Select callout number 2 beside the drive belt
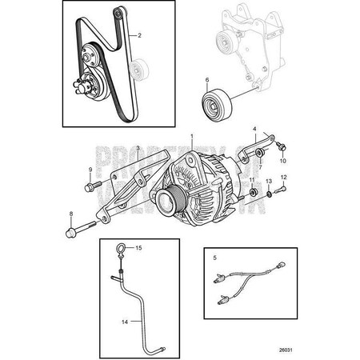pos(140,36)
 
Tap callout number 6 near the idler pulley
pos(207,79)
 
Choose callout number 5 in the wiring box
pos(214,258)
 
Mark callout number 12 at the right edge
pos(283,177)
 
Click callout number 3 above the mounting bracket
pos(137,148)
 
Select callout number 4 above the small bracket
pos(255,129)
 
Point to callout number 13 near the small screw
pos(270,183)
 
